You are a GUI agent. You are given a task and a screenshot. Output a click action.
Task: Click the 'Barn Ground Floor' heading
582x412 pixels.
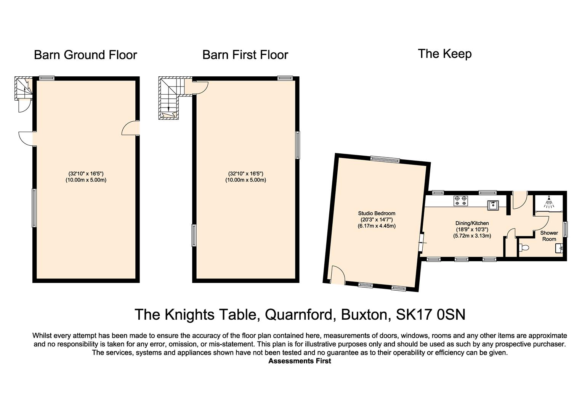(x=85, y=55)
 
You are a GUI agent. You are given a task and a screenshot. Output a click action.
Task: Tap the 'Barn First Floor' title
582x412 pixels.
(x=245, y=55)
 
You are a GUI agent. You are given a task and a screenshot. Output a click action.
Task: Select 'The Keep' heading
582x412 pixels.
(x=444, y=54)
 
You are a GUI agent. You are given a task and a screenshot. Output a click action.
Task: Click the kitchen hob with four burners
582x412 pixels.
(x=460, y=201)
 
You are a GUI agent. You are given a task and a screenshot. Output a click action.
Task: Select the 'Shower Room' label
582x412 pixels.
(x=549, y=236)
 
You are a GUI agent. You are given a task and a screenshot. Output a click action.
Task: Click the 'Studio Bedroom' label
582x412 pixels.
(x=377, y=219)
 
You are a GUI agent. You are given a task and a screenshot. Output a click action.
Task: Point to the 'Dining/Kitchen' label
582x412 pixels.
(x=472, y=229)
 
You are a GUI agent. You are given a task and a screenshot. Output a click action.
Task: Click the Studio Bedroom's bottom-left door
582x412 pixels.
(x=338, y=275)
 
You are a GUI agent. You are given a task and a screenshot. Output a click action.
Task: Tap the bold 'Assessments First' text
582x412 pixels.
(x=300, y=361)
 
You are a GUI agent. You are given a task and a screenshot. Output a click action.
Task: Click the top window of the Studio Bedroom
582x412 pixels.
(x=385, y=159)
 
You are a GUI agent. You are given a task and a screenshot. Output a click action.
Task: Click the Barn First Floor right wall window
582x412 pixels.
(x=298, y=145)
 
